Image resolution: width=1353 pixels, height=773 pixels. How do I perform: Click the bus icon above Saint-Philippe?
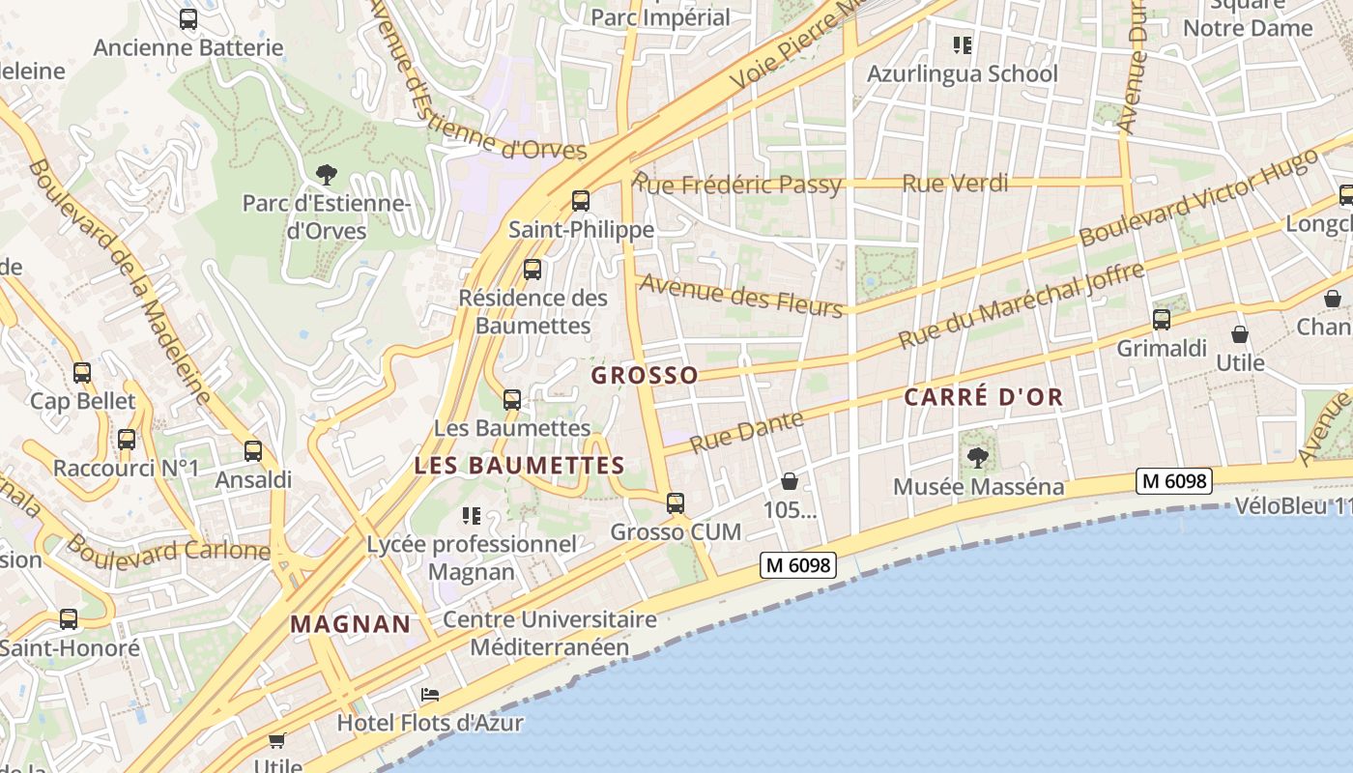580,201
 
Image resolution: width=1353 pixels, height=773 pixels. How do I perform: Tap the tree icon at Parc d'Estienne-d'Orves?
327,175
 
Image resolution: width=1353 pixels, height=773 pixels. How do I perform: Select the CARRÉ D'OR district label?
983,396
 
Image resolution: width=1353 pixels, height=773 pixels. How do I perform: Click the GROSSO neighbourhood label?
644,375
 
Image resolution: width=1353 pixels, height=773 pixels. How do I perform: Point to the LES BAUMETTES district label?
519,465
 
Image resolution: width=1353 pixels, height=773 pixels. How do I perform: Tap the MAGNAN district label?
351,624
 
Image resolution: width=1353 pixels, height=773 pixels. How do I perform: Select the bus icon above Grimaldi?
1162,319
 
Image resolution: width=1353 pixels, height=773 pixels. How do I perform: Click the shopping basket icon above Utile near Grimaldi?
1240,334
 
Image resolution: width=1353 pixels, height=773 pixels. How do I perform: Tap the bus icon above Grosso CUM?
676,502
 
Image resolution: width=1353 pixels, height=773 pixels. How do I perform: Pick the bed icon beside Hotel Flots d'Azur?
430,695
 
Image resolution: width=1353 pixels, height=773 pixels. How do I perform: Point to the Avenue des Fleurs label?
741,295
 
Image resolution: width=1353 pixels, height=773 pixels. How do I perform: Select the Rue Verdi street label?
955,183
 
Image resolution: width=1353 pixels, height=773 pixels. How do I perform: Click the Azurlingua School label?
962,73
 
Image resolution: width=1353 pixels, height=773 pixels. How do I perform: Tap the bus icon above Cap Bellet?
82,372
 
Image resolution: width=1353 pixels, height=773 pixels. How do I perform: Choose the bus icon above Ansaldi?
253,450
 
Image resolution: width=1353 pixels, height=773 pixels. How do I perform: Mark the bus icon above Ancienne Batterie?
188,18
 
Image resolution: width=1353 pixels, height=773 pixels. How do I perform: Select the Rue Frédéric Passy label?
737,184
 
